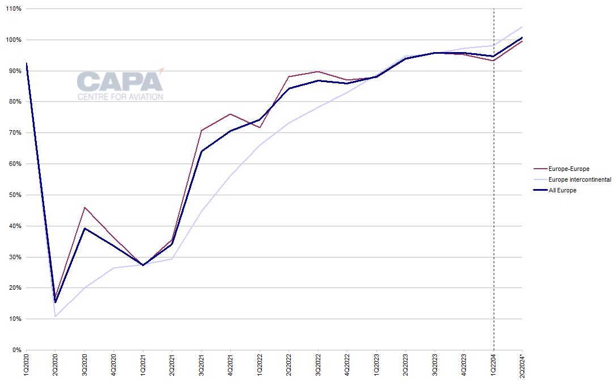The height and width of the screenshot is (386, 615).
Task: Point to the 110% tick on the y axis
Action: pos(13,9)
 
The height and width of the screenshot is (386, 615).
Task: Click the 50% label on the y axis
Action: pos(15,195)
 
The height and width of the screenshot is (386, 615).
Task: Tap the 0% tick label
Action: pos(16,350)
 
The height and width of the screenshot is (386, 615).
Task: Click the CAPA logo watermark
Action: pos(120,85)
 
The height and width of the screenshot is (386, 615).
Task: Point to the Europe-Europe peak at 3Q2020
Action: pos(84,207)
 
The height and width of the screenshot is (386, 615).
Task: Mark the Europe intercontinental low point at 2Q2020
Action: pos(55,316)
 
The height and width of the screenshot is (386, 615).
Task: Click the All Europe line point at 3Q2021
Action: pos(201,151)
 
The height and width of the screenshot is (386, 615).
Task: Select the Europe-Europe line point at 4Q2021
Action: pos(230,114)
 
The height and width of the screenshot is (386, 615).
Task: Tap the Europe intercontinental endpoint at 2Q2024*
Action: pos(522,27)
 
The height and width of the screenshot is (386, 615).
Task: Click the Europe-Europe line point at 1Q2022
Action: pos(260,127)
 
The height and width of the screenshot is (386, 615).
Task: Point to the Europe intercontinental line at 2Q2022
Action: pos(289,123)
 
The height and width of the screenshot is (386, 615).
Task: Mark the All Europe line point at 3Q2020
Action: pos(84,228)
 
